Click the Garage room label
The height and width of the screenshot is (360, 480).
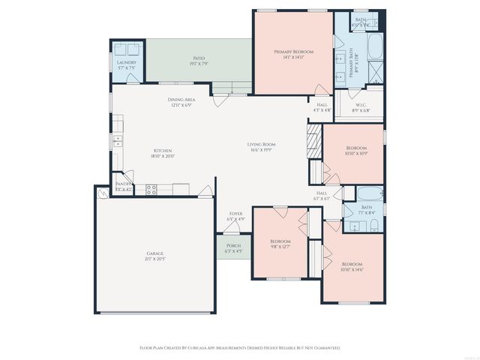tap(155, 256)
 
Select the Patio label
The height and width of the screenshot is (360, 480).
tap(199, 60)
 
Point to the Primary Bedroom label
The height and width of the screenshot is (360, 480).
tap(293, 54)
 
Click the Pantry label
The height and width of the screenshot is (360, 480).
tap(123, 186)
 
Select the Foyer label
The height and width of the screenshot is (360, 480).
tap(235, 216)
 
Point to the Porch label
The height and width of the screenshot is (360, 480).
tap(234, 247)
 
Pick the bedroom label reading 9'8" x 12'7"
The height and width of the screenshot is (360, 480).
tap(280, 243)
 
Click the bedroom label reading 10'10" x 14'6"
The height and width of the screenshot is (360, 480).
tap(352, 267)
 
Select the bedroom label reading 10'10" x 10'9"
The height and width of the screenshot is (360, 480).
tap(355, 151)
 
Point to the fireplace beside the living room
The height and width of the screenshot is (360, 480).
tap(313, 141)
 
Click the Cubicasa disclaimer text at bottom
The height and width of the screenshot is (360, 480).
tap(240, 348)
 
